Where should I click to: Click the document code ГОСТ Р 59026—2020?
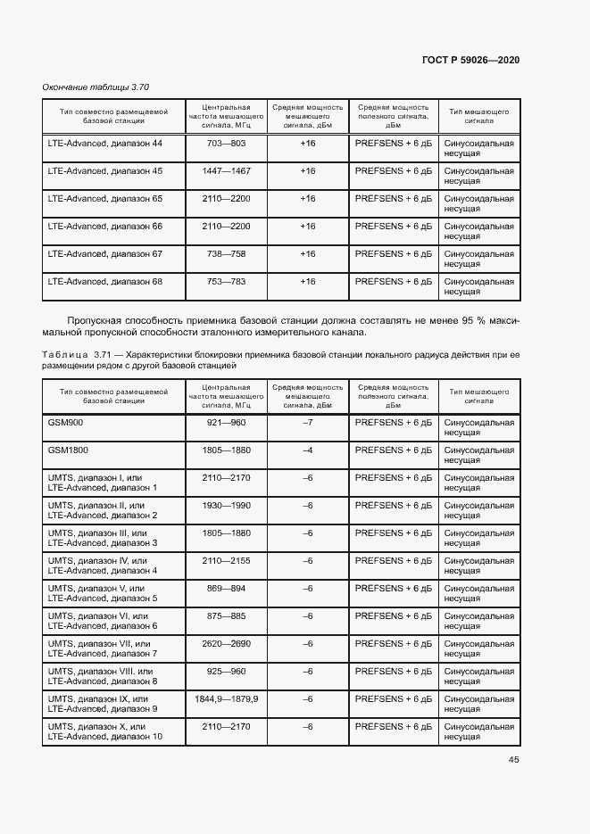pos(470,60)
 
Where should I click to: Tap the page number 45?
pos(514,760)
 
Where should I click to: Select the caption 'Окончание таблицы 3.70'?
pos(96,87)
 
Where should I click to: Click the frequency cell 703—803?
pos(226,143)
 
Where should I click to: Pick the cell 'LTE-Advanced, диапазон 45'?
pos(105,170)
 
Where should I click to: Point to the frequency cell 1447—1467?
pos(226,170)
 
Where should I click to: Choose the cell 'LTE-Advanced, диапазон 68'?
pos(105,281)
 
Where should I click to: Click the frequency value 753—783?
pos(226,281)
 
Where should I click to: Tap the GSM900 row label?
pos(65,423)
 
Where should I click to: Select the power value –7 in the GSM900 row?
pos(308,423)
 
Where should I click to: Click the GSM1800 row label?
pos(68,450)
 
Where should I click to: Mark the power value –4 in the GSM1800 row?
pos(308,450)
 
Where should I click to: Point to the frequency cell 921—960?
pos(226,423)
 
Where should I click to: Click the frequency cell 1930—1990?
pos(226,506)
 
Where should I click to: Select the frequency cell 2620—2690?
pos(226,643)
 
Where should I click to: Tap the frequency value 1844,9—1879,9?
pos(226,698)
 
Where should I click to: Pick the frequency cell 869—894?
pos(226,588)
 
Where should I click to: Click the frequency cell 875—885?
pos(226,615)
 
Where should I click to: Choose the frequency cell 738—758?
pos(226,253)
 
